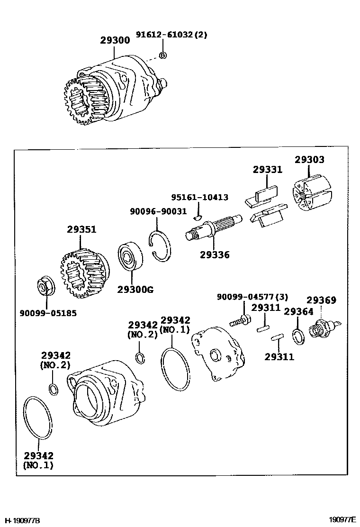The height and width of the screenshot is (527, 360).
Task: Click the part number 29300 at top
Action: pos(115,41)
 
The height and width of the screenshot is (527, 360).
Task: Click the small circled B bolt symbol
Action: pos(162,55)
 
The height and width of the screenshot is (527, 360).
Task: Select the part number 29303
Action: pos(310,160)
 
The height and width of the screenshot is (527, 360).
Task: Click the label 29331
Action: pos(267,169)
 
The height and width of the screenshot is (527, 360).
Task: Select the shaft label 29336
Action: pos(214,255)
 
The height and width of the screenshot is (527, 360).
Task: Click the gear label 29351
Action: pos(81,229)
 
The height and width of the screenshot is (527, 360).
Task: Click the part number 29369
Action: pos(321,300)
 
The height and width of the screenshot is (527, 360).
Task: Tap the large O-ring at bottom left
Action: pos(39,418)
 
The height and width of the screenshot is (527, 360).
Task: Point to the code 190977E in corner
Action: pos(343,520)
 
